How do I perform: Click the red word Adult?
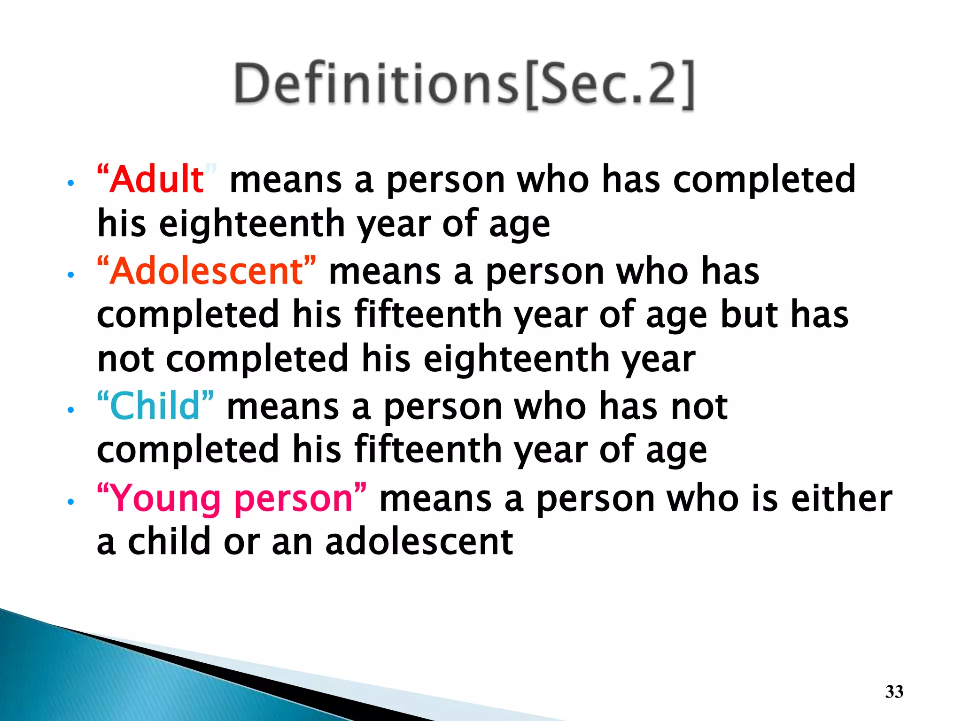(157, 179)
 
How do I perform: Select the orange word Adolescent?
(207, 271)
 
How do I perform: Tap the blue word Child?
(155, 406)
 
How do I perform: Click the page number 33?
(894, 692)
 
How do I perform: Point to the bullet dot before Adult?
(70, 183)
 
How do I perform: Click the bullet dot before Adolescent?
(70, 275)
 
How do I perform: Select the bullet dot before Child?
(70, 410)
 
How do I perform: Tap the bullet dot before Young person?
(70, 502)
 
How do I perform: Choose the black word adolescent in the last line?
(419, 542)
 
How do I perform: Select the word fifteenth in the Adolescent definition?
(428, 314)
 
